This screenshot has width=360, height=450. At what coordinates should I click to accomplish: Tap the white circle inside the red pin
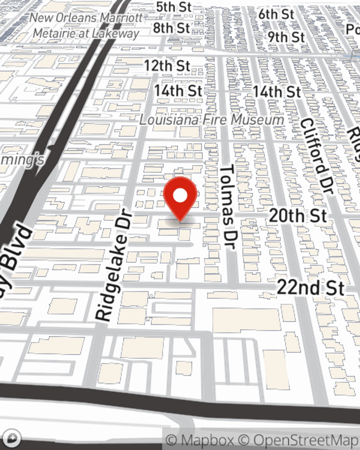point(180,196)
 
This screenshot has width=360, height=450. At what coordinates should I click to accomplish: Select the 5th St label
point(173,7)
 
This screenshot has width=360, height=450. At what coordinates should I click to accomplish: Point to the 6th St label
point(276,14)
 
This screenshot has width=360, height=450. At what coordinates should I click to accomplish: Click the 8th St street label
point(171,28)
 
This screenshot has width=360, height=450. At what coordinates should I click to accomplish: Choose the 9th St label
point(286,37)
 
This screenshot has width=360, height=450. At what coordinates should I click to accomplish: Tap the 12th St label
point(167,66)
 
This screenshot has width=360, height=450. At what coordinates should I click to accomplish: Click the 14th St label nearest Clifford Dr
point(276,91)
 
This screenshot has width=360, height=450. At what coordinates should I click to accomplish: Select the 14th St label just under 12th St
point(178,91)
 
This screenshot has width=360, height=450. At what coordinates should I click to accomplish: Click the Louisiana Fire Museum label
point(211,120)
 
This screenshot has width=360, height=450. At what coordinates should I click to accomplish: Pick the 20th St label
point(298,216)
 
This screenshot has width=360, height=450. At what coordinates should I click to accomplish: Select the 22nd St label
point(310,288)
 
